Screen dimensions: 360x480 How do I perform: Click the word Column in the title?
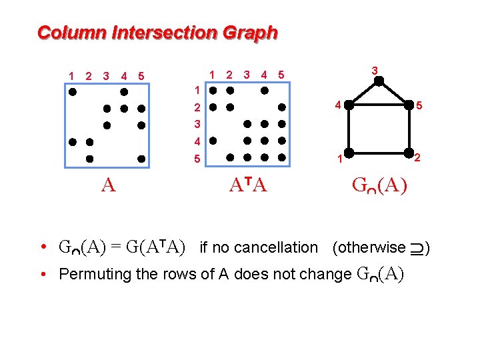click(x=61, y=32)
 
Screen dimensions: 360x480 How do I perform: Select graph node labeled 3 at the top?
click(x=378, y=81)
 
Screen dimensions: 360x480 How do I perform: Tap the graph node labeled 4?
click(x=348, y=105)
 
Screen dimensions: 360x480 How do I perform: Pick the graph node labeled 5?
click(x=409, y=105)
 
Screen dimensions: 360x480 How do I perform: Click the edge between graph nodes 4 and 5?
click(x=378, y=105)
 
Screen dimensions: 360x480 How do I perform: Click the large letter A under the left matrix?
click(x=109, y=186)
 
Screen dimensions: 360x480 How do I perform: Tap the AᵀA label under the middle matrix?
click(x=248, y=186)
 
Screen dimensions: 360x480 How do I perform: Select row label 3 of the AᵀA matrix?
click(x=197, y=124)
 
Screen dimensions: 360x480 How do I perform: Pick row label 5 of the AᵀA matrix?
click(x=197, y=159)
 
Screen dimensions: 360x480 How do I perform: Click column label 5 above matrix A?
click(x=141, y=75)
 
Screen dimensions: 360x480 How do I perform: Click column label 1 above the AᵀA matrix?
click(x=211, y=75)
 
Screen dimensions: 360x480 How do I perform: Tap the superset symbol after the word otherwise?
click(x=417, y=248)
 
